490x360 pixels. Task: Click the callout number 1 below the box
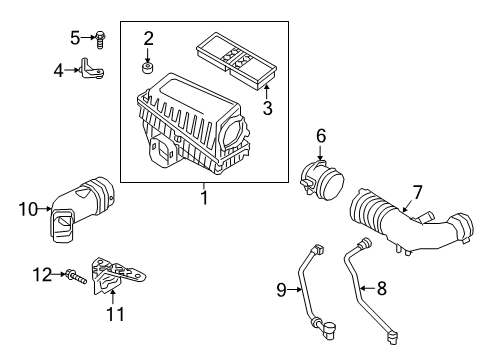204,197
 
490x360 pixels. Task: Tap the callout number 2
148,39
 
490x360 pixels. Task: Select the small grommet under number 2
147,67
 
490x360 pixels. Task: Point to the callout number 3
267,108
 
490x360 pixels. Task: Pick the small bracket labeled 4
92,68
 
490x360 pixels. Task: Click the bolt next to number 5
99,40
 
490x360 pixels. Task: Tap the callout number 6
321,136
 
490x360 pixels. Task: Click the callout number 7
417,193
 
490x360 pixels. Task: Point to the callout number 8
381,288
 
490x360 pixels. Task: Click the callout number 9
282,289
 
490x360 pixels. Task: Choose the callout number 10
28,209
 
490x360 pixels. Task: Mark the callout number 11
115,314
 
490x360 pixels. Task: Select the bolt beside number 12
76,276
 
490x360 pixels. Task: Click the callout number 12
42,275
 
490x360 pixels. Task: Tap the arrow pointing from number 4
72,70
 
